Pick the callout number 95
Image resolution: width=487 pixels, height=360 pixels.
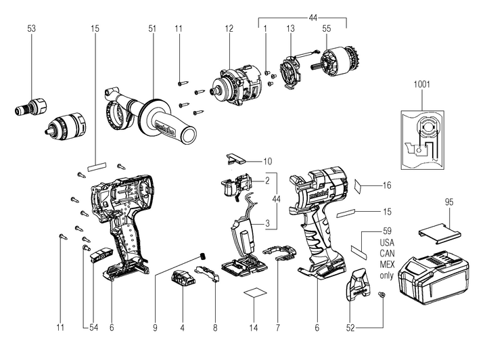coord(448,202)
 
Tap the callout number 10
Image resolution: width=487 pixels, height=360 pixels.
coord(268,161)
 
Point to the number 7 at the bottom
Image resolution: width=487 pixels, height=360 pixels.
coord(278,328)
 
